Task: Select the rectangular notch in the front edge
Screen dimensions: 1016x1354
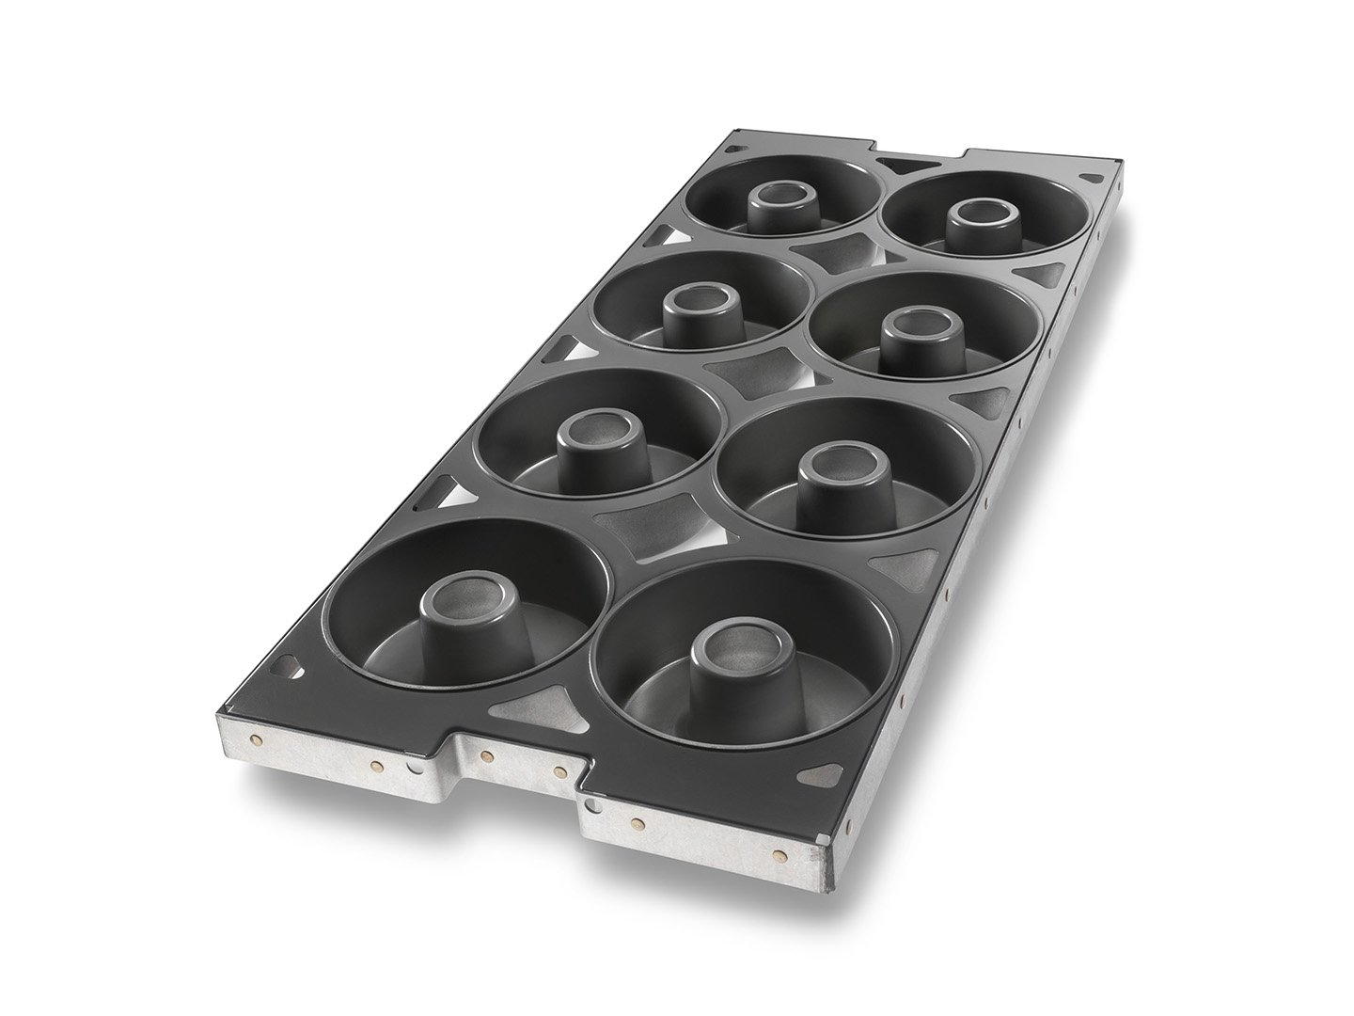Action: [517, 753]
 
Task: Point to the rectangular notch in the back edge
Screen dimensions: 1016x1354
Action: [919, 154]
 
